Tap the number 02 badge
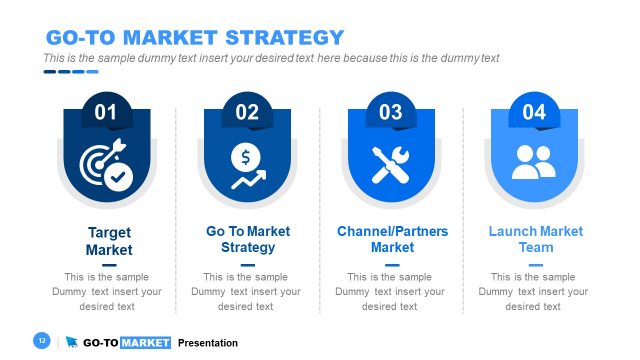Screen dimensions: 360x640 click(x=247, y=112)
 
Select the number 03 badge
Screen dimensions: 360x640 click(x=391, y=112)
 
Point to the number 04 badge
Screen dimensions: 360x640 click(x=534, y=112)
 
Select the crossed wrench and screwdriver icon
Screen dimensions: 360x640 click(x=391, y=165)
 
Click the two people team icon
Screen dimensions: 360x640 click(x=534, y=163)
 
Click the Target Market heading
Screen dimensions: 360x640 click(x=108, y=241)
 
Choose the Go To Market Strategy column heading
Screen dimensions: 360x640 click(x=248, y=239)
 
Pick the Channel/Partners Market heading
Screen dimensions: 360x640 click(x=392, y=239)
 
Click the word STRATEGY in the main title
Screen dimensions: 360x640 click(x=283, y=38)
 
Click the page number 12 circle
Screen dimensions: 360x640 click(x=42, y=342)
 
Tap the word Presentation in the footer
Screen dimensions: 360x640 click(x=208, y=343)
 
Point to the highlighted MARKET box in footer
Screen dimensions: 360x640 click(x=146, y=343)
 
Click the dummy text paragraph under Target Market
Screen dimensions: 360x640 click(x=107, y=292)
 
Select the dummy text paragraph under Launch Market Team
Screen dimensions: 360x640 click(x=534, y=292)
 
